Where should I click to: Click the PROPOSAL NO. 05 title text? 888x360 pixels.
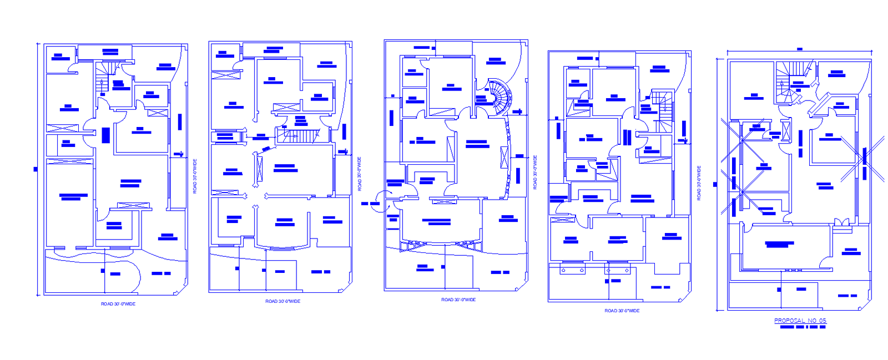click(800, 321)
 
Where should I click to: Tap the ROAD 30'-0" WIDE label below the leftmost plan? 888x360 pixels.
click(118, 304)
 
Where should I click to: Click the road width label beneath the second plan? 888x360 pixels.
click(282, 301)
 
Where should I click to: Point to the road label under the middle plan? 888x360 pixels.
click(458, 300)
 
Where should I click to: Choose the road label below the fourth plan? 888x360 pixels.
click(622, 311)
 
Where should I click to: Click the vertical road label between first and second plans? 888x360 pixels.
click(195, 176)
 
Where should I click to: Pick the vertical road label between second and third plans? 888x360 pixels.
click(360, 174)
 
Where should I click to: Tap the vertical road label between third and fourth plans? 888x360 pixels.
click(535, 173)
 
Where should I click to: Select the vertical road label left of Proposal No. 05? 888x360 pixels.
click(699, 182)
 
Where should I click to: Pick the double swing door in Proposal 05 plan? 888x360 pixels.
click(841, 222)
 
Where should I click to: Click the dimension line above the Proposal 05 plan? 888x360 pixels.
click(799, 53)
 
